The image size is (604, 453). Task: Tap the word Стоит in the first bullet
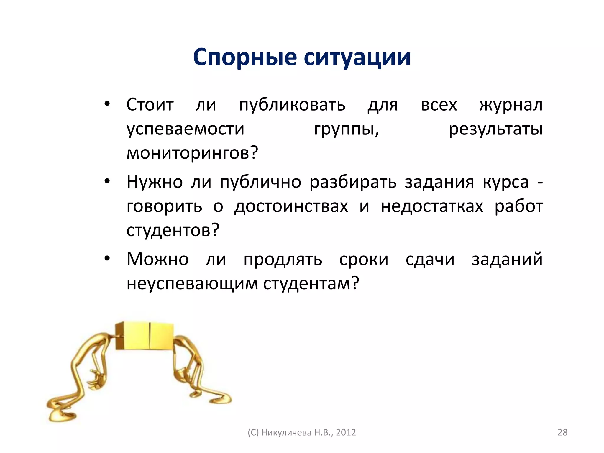150,105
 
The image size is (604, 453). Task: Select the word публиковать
292,105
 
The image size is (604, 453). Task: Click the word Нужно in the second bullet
155,182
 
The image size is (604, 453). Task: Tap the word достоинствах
291,206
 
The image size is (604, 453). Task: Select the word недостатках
432,206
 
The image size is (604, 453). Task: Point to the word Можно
157,259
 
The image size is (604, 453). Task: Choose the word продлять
283,260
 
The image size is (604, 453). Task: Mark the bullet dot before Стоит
107,104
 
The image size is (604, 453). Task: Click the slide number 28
562,432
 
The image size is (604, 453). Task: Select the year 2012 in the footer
346,432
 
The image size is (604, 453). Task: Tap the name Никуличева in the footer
286,432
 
